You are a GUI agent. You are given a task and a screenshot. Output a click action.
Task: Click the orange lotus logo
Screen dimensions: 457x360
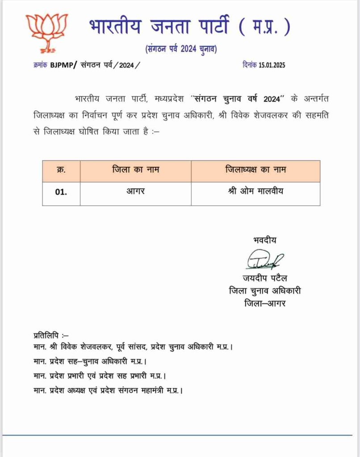click(x=46, y=33)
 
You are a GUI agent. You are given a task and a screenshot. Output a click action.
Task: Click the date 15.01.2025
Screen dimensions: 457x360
click(x=272, y=65)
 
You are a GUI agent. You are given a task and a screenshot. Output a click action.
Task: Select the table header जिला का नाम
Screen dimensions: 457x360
click(x=136, y=170)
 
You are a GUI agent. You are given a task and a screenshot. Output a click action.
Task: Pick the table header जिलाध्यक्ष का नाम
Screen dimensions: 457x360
click(x=255, y=170)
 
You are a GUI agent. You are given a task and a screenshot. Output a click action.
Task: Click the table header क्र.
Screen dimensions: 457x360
click(x=61, y=170)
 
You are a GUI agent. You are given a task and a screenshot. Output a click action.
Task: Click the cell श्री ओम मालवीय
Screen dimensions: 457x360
click(x=255, y=192)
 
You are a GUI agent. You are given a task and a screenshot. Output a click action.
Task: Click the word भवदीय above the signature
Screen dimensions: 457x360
click(x=264, y=240)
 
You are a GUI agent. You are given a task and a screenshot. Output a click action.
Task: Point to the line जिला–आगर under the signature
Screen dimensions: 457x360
click(x=264, y=303)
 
